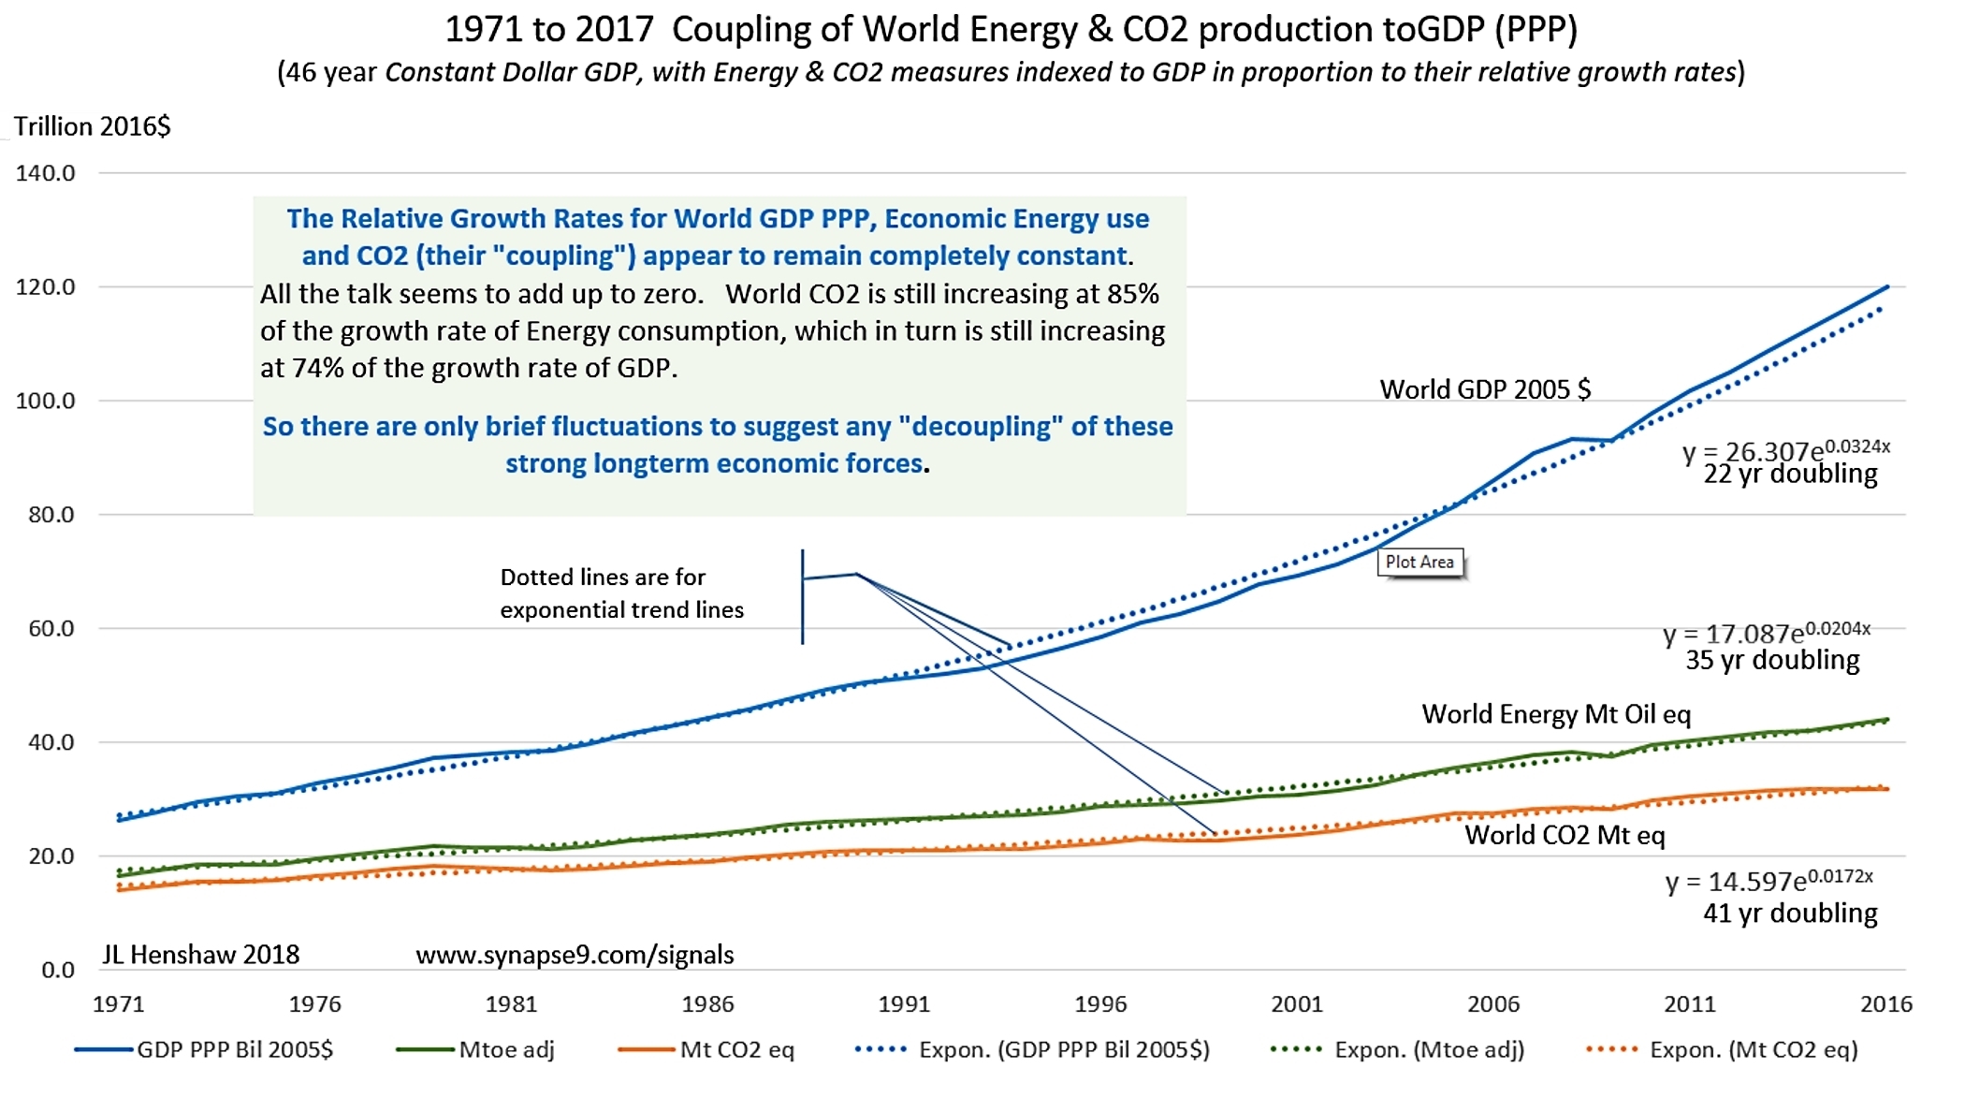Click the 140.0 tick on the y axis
click(x=45, y=173)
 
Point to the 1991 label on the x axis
click(x=904, y=1004)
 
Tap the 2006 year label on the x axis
click(x=1493, y=1004)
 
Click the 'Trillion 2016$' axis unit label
click(x=93, y=126)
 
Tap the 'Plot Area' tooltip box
click(x=1419, y=563)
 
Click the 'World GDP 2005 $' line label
click(x=1485, y=389)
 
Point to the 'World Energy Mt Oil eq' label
click(x=1556, y=715)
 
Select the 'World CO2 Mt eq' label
click(x=1565, y=835)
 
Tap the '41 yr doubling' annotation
click(x=1790, y=914)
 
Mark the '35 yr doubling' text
click(x=1772, y=661)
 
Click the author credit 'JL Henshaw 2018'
click(x=200, y=955)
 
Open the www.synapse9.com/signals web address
click(x=575, y=955)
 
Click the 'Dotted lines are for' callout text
click(x=603, y=578)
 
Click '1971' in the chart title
click(x=484, y=30)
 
